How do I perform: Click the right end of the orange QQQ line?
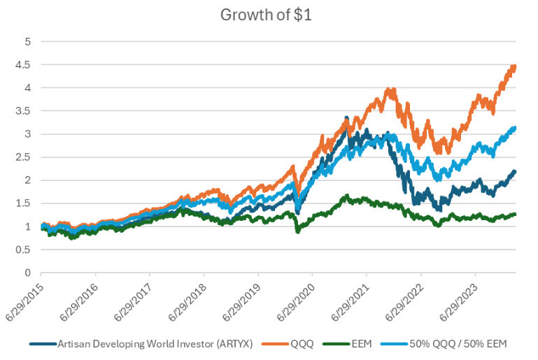point(516,67)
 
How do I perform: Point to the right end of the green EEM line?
point(516,215)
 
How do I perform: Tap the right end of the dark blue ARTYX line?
point(516,171)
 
